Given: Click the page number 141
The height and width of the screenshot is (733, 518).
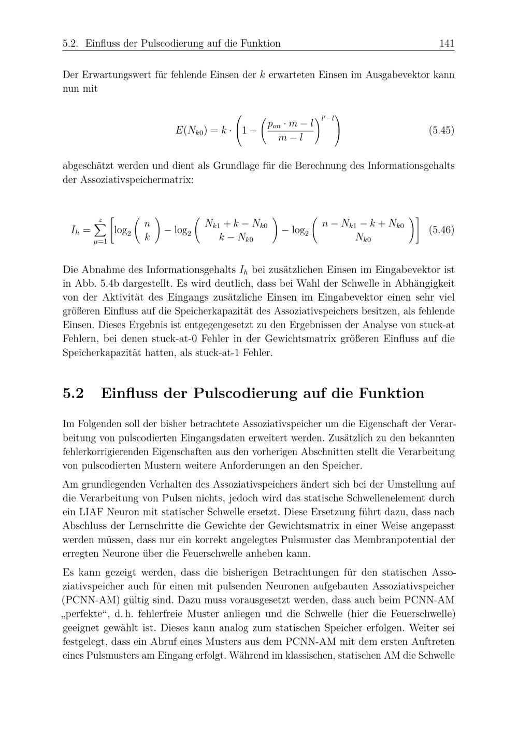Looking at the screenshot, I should (x=447, y=44).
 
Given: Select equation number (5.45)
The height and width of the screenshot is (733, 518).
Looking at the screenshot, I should (x=441, y=130).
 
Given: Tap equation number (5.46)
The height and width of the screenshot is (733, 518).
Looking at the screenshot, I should (x=441, y=230).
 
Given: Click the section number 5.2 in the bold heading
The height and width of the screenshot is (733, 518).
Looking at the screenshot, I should (x=73, y=393).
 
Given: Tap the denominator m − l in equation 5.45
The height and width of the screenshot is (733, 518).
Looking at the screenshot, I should (x=290, y=138).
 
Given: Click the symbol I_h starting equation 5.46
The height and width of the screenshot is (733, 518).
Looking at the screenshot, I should (x=75, y=230).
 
